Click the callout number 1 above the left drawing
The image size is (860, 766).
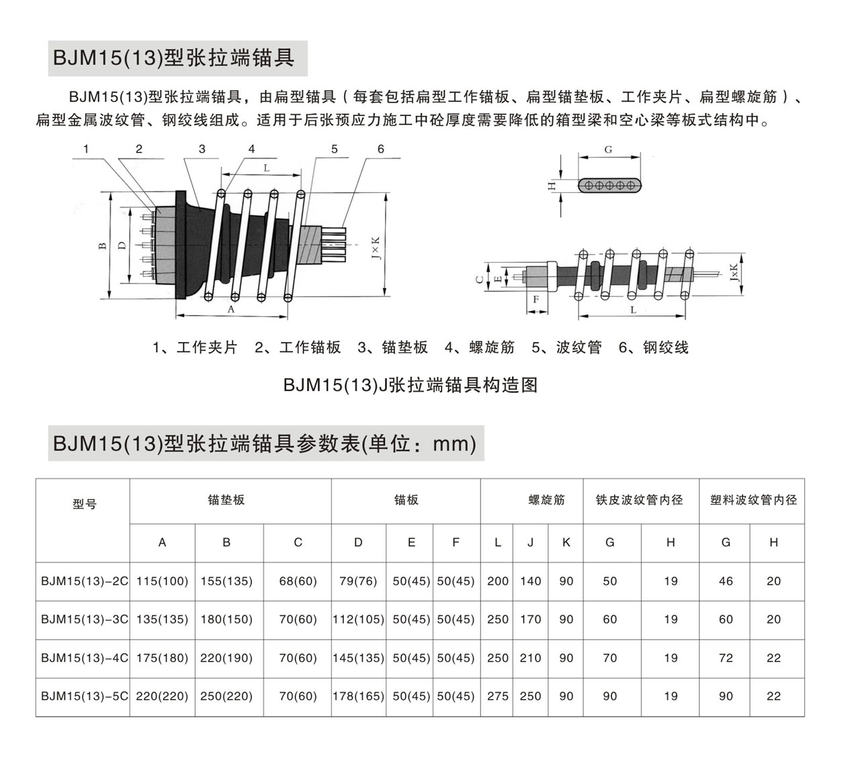click(x=87, y=148)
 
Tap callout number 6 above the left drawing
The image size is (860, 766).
click(x=380, y=148)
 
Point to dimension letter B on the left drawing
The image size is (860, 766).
click(x=102, y=246)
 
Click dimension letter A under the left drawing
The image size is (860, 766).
click(x=230, y=310)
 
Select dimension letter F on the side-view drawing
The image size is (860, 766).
click(x=535, y=299)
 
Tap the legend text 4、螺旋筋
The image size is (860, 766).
click(x=480, y=347)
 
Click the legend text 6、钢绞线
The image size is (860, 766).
click(x=654, y=347)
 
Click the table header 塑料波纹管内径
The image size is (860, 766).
click(x=753, y=500)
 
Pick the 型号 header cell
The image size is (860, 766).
click(x=84, y=504)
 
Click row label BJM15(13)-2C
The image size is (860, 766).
click(x=84, y=581)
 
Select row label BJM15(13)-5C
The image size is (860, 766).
click(x=84, y=696)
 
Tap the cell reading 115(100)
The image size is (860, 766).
click(x=162, y=581)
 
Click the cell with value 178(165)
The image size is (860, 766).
click(x=358, y=696)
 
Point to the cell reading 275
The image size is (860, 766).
click(x=497, y=696)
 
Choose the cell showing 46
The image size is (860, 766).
click(x=726, y=581)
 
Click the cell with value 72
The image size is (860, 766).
click(x=726, y=658)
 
